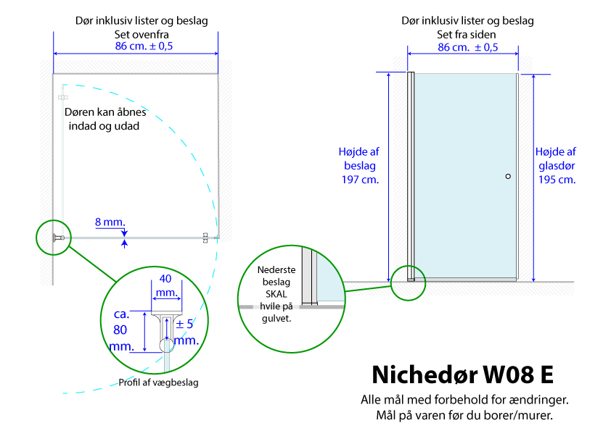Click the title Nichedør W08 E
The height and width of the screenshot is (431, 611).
462,374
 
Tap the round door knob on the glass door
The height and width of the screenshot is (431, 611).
508,176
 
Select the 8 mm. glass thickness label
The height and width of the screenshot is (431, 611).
110,222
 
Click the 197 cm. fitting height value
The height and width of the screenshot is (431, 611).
360,180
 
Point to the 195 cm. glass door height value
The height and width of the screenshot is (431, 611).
557,180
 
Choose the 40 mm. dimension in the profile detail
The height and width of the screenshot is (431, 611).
166,285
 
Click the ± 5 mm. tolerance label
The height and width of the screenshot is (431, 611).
186,332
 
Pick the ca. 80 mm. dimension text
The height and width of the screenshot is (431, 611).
121,330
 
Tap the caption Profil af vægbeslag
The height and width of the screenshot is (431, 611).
159,382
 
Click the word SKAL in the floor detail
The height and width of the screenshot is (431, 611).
276,294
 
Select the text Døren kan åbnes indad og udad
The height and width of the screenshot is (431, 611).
105,119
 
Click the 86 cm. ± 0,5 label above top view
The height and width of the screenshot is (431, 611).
144,46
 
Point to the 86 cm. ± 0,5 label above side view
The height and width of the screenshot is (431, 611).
467,48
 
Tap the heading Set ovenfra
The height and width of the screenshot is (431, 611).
142,34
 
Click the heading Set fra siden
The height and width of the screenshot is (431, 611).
467,34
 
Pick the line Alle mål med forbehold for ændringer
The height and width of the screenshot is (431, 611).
464,400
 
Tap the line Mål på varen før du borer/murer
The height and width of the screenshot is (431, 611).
464,416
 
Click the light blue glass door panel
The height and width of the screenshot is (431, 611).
465,175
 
